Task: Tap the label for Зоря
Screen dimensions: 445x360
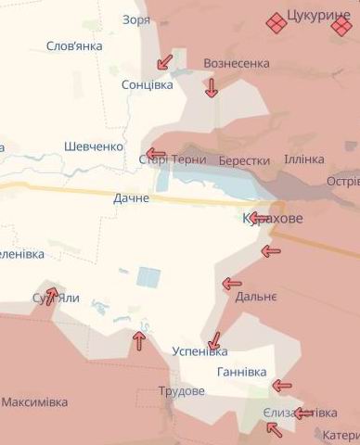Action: pos(135,19)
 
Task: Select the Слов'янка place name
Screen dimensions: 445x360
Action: pos(74,47)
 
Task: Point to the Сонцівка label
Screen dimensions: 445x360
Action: pos(147,84)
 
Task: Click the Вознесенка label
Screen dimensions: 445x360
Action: pos(236,63)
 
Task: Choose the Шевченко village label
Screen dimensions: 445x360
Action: pos(94,146)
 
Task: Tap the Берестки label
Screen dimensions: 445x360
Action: pos(244,160)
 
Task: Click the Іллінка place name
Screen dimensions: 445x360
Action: pos(303,159)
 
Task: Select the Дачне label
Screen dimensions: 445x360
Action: pos(131,198)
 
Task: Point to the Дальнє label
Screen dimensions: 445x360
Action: pos(255,297)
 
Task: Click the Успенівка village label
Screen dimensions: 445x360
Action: pos(199,351)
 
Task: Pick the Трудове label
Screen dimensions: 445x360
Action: pos(181,391)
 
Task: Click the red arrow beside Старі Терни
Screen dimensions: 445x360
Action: pos(155,155)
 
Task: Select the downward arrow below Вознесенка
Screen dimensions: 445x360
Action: pos(212,88)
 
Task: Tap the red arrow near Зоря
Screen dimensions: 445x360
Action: pos(164,62)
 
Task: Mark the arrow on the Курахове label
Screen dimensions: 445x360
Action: pos(260,219)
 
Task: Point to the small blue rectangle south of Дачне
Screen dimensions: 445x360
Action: pos(148,276)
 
